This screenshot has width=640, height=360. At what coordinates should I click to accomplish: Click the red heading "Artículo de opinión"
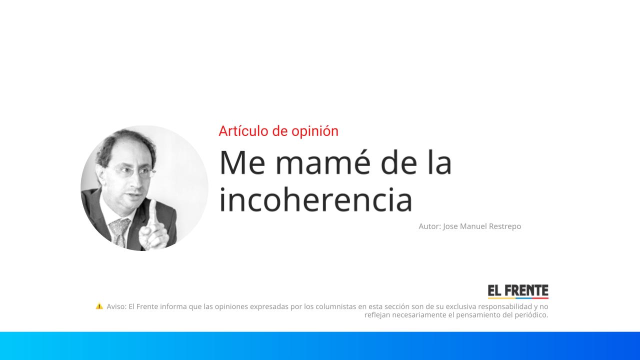278,131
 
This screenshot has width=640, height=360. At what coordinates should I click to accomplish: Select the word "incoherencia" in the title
315,199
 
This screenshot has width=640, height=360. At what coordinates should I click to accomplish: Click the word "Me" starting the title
242,162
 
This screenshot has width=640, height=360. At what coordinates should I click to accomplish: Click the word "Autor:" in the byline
429,226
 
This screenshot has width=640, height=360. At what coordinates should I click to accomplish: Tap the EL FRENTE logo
518,291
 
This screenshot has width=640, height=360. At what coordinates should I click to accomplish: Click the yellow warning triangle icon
99,306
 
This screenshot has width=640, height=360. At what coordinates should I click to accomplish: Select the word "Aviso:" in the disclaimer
116,306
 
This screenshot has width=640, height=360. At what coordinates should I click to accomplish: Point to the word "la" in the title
439,162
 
